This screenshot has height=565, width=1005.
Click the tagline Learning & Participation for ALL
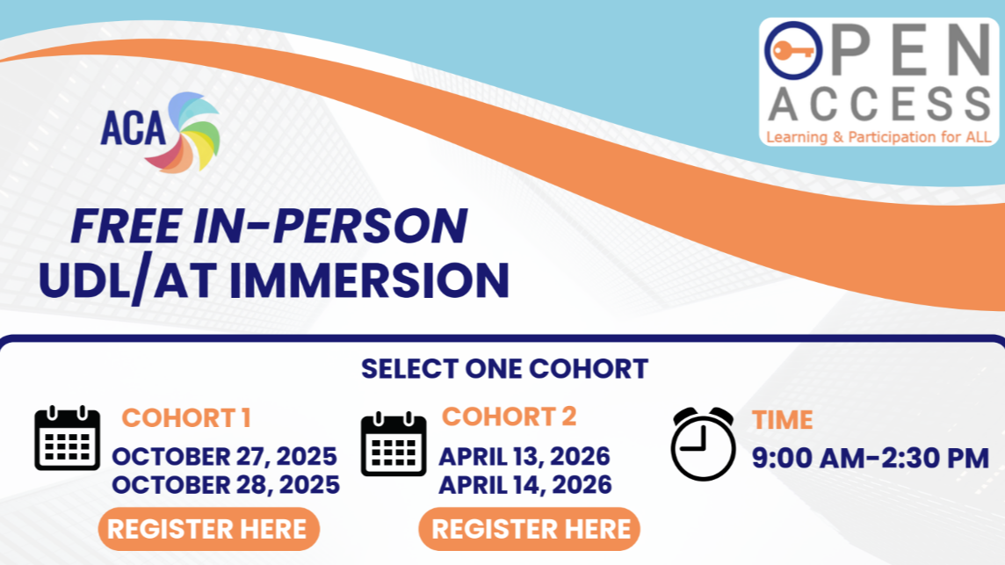pos(878,137)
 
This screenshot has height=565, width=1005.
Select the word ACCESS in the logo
pos(879,105)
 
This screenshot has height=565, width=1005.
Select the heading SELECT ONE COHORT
pos(504,368)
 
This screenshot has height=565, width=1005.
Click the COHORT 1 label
pos(185,418)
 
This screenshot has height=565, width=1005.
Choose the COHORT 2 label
pos(510,417)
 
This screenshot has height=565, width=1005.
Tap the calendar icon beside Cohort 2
pos(394,445)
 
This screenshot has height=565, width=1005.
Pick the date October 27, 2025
pos(224,457)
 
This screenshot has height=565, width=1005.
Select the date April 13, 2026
pos(524,457)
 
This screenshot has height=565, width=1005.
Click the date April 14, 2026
pos(525,484)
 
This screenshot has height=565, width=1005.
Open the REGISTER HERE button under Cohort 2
pos(530,529)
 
